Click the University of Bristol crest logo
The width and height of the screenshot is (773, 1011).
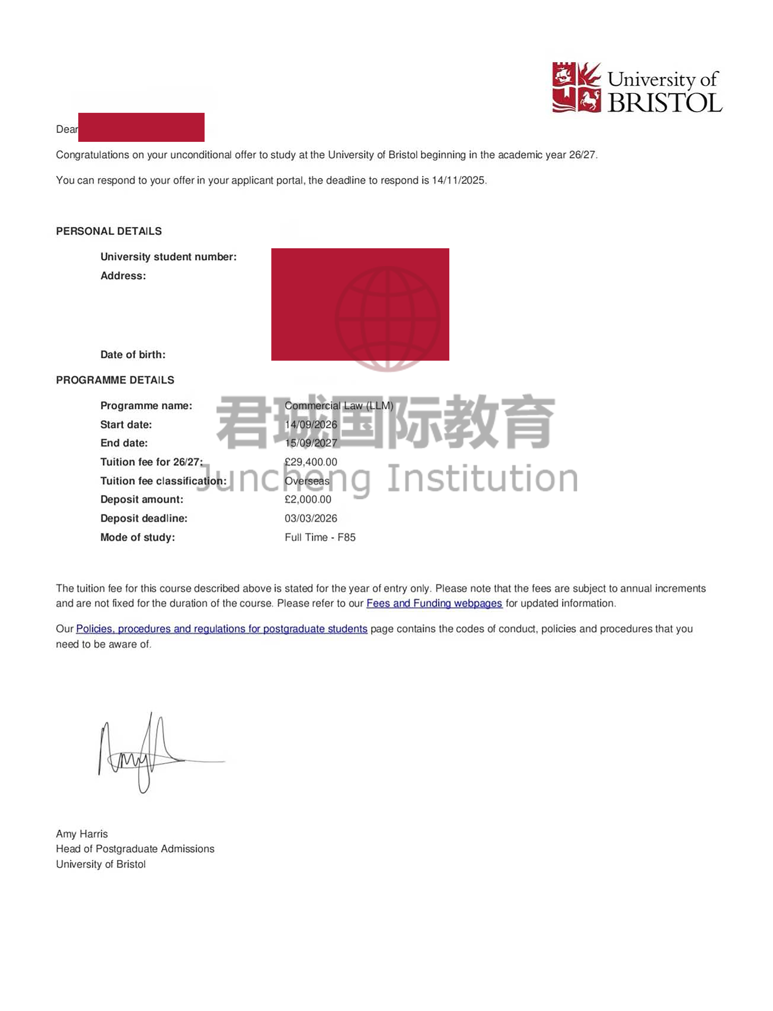coord(576,87)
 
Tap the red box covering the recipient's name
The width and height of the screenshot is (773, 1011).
coord(141,127)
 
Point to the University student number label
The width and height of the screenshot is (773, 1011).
coord(168,257)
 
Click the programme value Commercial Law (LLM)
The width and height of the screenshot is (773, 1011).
coord(339,405)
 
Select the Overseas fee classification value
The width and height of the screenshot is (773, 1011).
coord(307,481)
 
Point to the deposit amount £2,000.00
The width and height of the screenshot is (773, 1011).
coord(308,499)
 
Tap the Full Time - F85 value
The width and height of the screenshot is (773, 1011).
coord(320,537)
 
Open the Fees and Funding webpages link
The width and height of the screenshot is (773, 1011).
coord(434,603)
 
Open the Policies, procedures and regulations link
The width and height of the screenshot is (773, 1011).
coord(221,629)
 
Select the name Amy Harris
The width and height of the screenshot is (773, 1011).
coord(82,834)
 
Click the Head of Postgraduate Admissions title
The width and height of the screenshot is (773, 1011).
coord(135,849)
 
